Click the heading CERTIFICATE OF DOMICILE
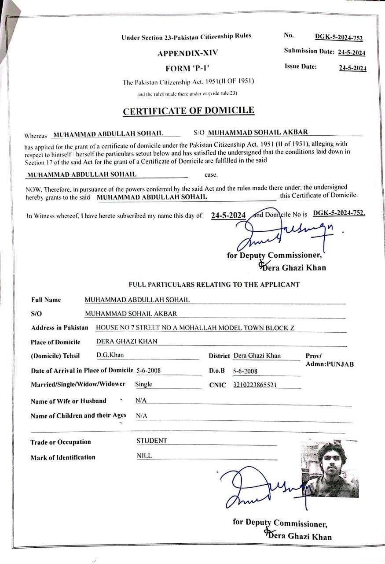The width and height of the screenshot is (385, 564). tap(188, 111)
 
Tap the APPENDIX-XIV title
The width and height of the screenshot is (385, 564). tap(188, 53)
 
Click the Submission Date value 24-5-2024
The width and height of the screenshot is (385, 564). tap(352, 52)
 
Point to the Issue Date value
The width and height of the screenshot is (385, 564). tap(352, 68)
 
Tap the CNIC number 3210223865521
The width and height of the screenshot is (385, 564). tap(255, 385)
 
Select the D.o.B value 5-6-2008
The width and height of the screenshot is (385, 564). tap(245, 371)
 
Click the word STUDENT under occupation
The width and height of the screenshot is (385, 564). tap(152, 441)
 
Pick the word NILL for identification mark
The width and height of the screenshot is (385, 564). tap(144, 456)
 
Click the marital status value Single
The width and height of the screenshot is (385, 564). tap(144, 384)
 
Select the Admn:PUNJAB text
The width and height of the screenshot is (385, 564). tap(330, 364)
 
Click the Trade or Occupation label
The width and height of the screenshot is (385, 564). tap(61, 442)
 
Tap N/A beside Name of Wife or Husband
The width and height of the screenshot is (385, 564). tap(141, 401)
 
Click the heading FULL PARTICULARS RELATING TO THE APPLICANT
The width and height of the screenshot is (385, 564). tap(214, 285)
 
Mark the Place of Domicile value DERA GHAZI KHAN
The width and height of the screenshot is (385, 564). tap(127, 341)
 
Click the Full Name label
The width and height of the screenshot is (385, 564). tap(46, 300)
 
